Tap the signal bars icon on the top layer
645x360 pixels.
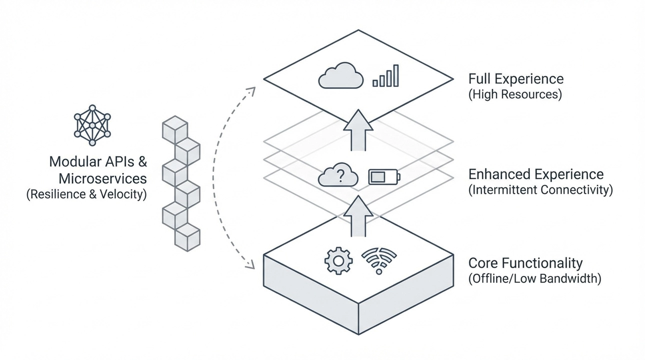click(x=385, y=76)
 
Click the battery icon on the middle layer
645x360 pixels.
click(x=384, y=176)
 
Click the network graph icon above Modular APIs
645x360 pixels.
click(x=92, y=125)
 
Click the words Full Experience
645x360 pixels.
click(x=516, y=79)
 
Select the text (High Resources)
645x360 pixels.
click(x=515, y=94)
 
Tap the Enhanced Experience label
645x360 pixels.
click(x=536, y=174)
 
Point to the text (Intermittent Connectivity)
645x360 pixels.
click(x=540, y=190)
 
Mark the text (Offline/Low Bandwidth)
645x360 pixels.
click(x=534, y=278)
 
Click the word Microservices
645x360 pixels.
click(x=102, y=178)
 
